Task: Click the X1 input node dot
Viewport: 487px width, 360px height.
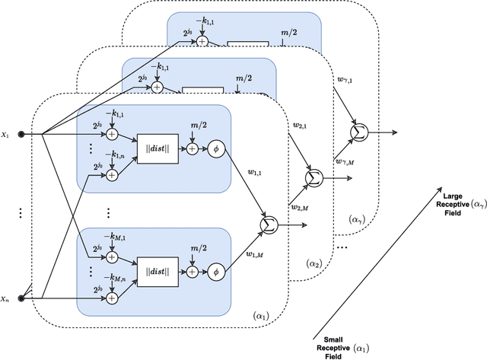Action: (21, 134)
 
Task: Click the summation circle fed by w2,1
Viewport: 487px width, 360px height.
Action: (310, 178)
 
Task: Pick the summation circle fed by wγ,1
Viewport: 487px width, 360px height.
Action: (357, 133)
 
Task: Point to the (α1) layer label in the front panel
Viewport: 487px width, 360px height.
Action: (260, 312)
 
